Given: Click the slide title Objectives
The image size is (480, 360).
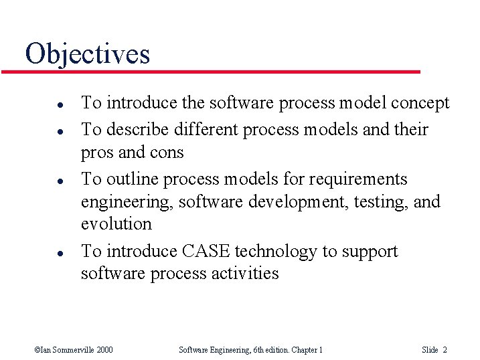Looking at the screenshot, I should (x=87, y=54).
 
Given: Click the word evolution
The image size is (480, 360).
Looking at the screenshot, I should (x=116, y=223).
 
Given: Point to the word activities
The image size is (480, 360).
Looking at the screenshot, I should (x=242, y=274).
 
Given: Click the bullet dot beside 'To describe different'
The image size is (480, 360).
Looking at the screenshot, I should (x=42, y=130).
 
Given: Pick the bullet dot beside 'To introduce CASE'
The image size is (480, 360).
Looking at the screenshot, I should (x=42, y=253).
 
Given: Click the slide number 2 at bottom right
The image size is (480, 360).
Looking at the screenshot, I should (x=445, y=350).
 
